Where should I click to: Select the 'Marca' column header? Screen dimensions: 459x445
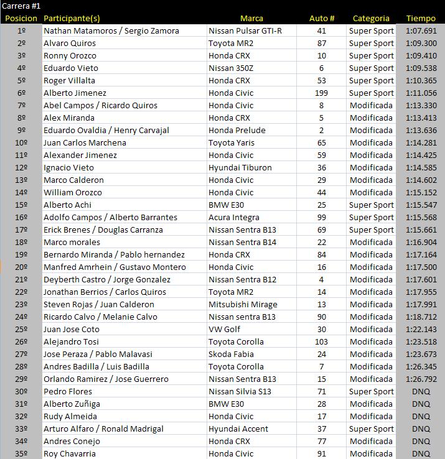[251, 18]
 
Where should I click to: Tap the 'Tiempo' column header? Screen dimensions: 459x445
[421, 18]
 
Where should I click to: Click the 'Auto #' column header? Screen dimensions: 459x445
[322, 18]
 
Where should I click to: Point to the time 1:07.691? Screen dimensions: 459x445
[421, 30]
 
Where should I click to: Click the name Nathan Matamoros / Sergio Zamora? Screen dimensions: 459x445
[111, 30]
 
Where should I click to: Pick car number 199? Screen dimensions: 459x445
[322, 93]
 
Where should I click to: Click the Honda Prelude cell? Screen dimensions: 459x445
[237, 130]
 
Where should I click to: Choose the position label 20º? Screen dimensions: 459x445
[21, 267]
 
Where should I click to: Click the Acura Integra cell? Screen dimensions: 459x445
[234, 217]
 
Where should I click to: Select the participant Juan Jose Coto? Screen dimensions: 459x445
[71, 329]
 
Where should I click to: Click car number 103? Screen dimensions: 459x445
[322, 341]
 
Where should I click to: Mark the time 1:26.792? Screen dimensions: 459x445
[421, 379]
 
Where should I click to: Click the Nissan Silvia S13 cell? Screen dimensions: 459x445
[241, 391]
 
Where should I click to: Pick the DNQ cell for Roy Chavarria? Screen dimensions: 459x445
[421, 453]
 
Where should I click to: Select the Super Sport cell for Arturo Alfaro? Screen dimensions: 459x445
[371, 429]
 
